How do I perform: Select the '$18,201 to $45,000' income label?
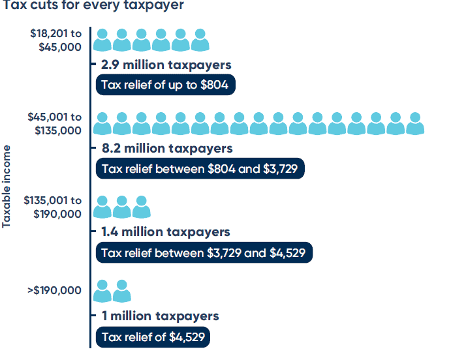pyautogui.click(x=55, y=40)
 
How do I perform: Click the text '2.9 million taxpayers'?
pyautogui.click(x=166, y=65)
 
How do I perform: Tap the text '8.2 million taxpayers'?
pyautogui.click(x=166, y=149)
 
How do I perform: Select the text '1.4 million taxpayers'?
pyautogui.click(x=165, y=232)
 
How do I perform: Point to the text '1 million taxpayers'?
pyautogui.click(x=160, y=316)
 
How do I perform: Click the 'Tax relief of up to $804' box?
pyautogui.click(x=166, y=85)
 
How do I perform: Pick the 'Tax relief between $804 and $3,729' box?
pyautogui.click(x=200, y=168)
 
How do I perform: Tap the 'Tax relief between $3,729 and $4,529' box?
pyautogui.click(x=204, y=252)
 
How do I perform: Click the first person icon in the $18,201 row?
pyautogui.click(x=102, y=40)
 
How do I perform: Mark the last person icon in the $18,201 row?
pyautogui.click(x=200, y=40)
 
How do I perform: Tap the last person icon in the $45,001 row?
pyautogui.click(x=416, y=124)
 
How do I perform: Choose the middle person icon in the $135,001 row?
pyautogui.click(x=122, y=207)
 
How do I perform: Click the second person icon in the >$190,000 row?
pyautogui.click(x=122, y=291)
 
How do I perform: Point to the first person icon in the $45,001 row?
pyautogui.click(x=102, y=124)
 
